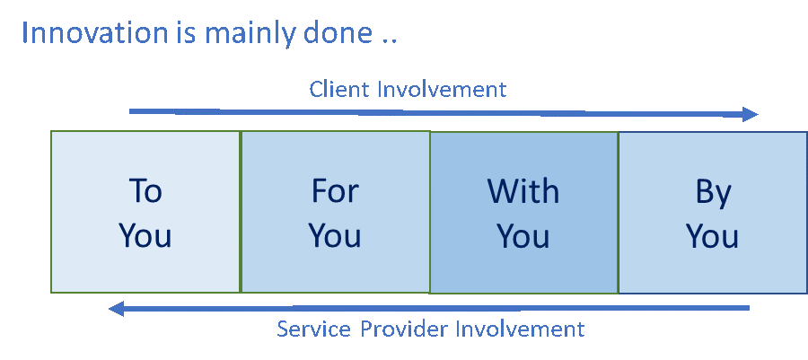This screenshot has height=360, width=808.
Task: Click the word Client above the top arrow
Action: tap(338, 89)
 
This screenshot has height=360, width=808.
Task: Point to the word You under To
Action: tap(145, 235)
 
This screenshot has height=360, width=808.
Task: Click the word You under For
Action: tap(335, 235)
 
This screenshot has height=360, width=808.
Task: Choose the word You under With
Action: tap(523, 235)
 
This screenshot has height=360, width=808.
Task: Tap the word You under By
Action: tap(713, 235)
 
